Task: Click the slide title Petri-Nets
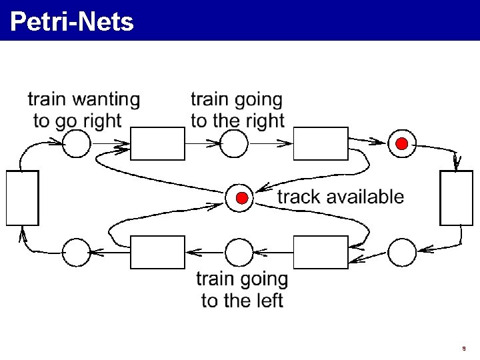tap(72, 22)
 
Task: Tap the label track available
tap(340, 197)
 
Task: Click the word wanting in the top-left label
tap(106, 100)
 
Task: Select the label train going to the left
tap(242, 289)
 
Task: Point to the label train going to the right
tap(237, 110)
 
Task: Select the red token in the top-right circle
tap(402, 144)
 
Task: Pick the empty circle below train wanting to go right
tap(76, 143)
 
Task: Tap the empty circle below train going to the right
tap(234, 143)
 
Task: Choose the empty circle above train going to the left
tap(239, 252)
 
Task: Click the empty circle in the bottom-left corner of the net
tap(76, 252)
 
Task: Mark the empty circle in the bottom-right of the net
tap(402, 252)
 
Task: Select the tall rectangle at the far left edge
tap(22, 198)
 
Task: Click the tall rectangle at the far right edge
tap(457, 198)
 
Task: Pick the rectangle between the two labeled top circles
tap(157, 144)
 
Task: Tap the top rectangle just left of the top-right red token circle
tap(321, 144)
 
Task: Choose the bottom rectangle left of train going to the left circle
tap(157, 252)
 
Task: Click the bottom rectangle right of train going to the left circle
tap(321, 252)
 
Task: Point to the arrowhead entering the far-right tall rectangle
tap(457, 164)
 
